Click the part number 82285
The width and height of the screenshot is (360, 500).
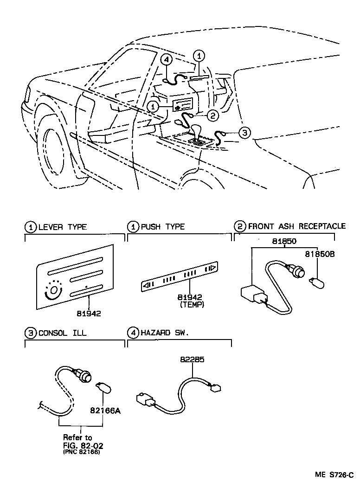(192, 359)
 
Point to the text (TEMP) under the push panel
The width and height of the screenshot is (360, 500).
(191, 305)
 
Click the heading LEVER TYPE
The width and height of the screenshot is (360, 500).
(62, 227)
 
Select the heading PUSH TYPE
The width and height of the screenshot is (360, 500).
(162, 227)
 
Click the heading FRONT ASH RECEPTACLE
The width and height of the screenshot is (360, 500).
(296, 226)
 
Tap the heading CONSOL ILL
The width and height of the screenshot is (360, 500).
(62, 333)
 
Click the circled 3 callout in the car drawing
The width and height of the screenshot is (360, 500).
(244, 133)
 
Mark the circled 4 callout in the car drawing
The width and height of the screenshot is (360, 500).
(167, 59)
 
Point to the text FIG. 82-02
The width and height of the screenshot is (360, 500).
(83, 446)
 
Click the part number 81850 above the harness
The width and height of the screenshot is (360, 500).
(284, 241)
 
